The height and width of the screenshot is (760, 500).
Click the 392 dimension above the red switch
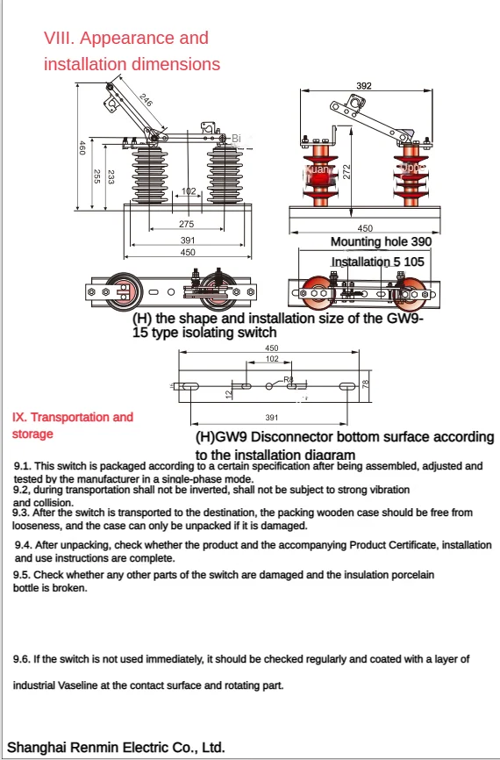click(x=364, y=86)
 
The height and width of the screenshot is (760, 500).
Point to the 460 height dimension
click(x=82, y=148)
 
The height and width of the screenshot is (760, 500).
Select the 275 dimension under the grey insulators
click(x=187, y=225)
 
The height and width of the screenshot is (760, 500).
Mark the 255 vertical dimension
click(x=96, y=176)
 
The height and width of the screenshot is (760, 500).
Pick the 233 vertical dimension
click(x=111, y=176)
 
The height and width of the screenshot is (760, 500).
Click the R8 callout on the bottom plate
click(x=288, y=380)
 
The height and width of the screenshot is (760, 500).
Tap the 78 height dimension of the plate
click(x=367, y=383)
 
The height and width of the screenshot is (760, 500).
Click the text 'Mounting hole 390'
click(x=381, y=241)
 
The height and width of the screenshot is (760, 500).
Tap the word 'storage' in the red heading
click(x=32, y=434)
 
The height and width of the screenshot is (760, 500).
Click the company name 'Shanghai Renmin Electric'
click(x=84, y=748)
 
